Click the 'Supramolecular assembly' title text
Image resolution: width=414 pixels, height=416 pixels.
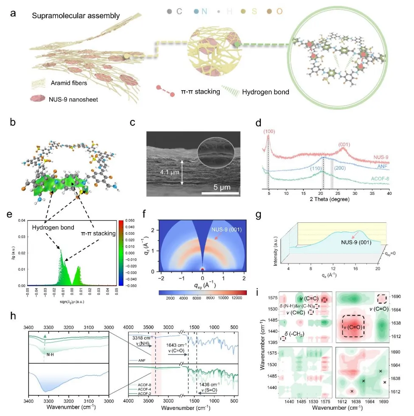tap(76, 16)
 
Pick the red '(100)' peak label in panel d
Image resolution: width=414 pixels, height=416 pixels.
tap(268, 132)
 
